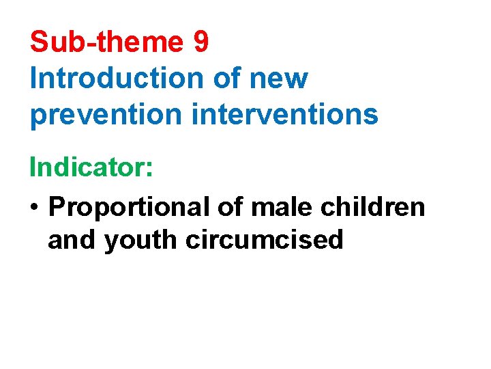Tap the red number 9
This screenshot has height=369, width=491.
[200, 42]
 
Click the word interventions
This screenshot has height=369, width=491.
[285, 114]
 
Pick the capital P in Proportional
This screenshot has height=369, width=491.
[57, 206]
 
